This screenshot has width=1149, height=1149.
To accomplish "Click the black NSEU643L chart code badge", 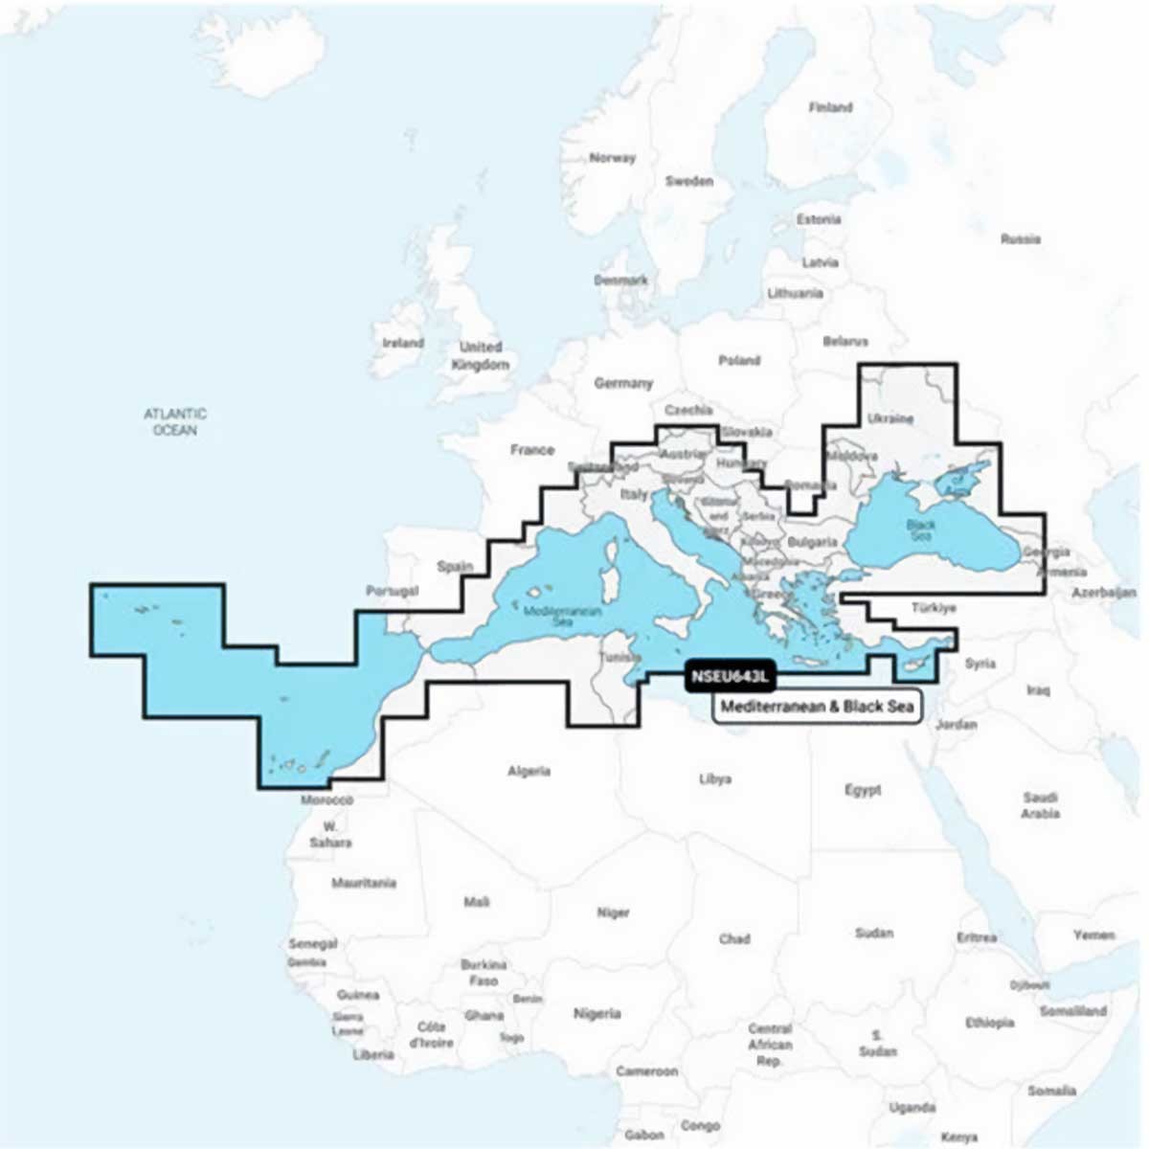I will click(x=729, y=678).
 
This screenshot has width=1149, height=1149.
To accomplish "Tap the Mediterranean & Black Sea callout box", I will click(x=817, y=707).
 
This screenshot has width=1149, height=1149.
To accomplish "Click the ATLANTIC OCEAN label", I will click(x=175, y=422).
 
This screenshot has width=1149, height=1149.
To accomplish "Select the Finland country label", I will click(x=830, y=107).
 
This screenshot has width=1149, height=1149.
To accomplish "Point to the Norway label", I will click(x=612, y=158).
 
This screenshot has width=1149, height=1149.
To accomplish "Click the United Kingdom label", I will click(x=480, y=355).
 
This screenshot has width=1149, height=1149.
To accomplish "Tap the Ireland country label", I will click(x=403, y=343).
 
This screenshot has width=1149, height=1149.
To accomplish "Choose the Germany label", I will click(x=623, y=383).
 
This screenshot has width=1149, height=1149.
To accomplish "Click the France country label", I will click(x=532, y=450).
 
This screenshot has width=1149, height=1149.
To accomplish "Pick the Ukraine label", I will click(x=890, y=418).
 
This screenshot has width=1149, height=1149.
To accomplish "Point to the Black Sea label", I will click(x=920, y=529).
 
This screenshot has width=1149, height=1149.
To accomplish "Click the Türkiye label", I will click(x=934, y=607).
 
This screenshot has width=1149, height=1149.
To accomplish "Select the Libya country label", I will click(x=715, y=779).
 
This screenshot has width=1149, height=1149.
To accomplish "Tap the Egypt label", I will click(x=863, y=790).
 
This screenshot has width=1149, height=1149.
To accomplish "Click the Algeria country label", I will click(x=529, y=771).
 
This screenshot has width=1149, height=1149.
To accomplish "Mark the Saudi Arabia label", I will click(x=1040, y=805).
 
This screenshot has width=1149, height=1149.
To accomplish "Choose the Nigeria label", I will click(x=597, y=1013).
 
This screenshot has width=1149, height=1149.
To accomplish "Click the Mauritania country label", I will click(x=364, y=883).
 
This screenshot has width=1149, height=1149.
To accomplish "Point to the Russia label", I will click(x=1020, y=238).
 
